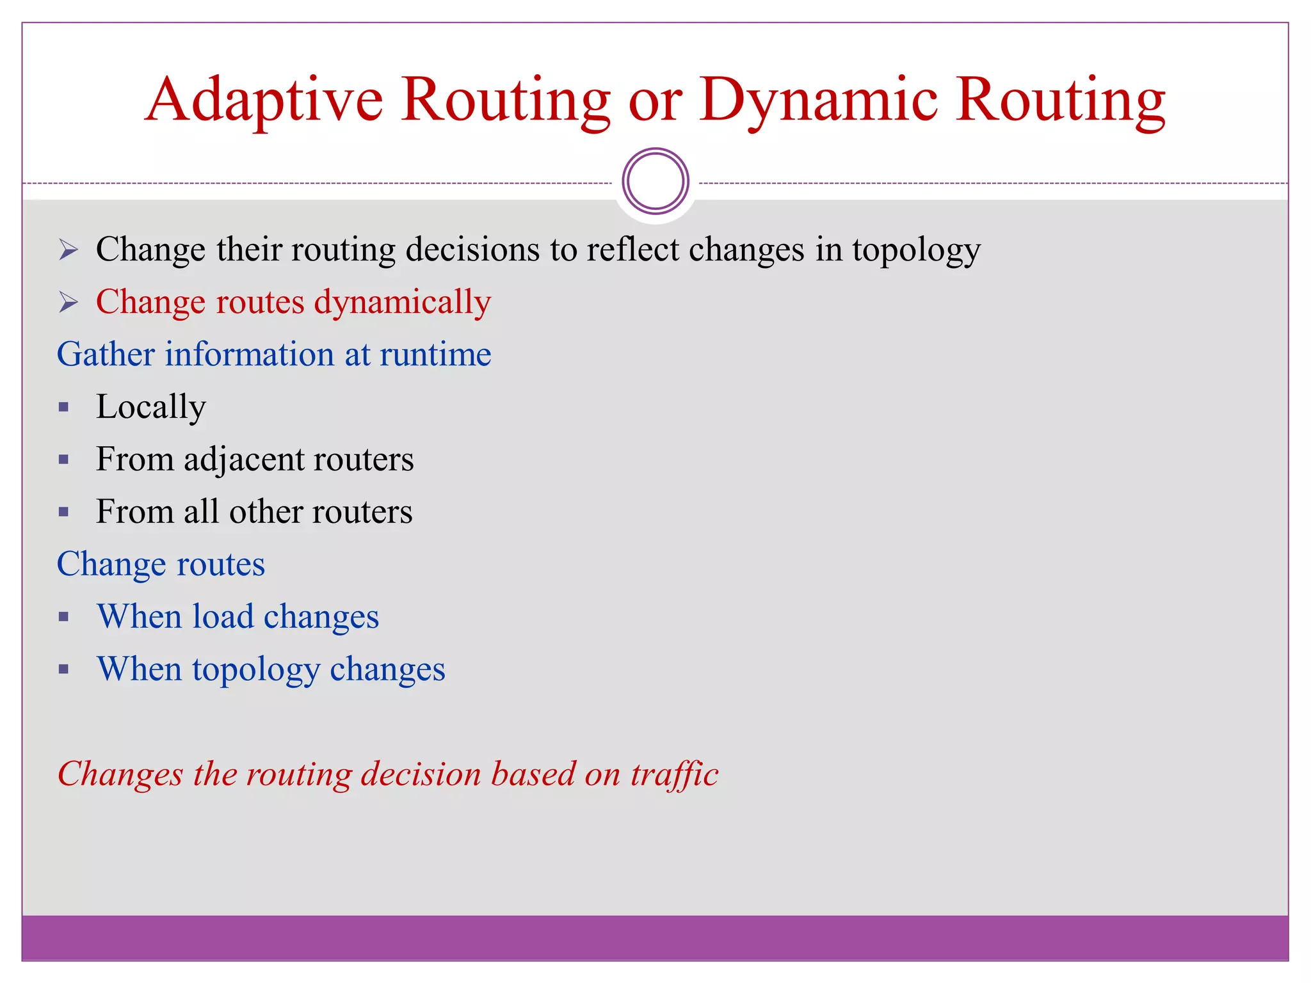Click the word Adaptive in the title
click(264, 100)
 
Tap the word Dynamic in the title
click(819, 100)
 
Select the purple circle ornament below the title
click(655, 181)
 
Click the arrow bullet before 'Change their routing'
click(68, 250)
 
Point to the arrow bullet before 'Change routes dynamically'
click(68, 302)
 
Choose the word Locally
click(151, 408)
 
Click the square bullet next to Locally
click(63, 408)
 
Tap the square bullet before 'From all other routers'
click(63, 512)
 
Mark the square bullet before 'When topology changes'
click(63, 670)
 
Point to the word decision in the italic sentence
click(421, 774)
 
